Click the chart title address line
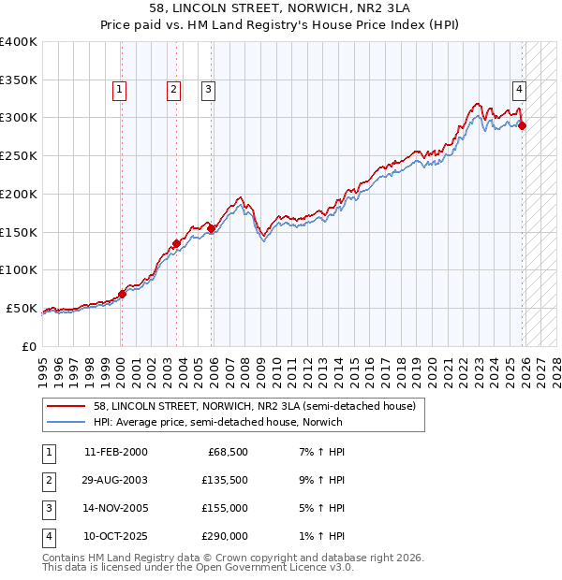(x=281, y=7)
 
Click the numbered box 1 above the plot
(x=121, y=90)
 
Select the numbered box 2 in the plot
(x=174, y=90)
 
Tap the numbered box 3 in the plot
(x=207, y=90)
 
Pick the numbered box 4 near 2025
(x=519, y=90)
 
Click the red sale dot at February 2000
(x=122, y=294)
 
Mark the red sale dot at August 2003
(x=176, y=243)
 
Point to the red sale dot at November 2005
(x=212, y=228)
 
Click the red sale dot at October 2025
(x=523, y=125)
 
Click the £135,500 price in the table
(x=224, y=479)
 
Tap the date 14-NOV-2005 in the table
(x=116, y=508)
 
